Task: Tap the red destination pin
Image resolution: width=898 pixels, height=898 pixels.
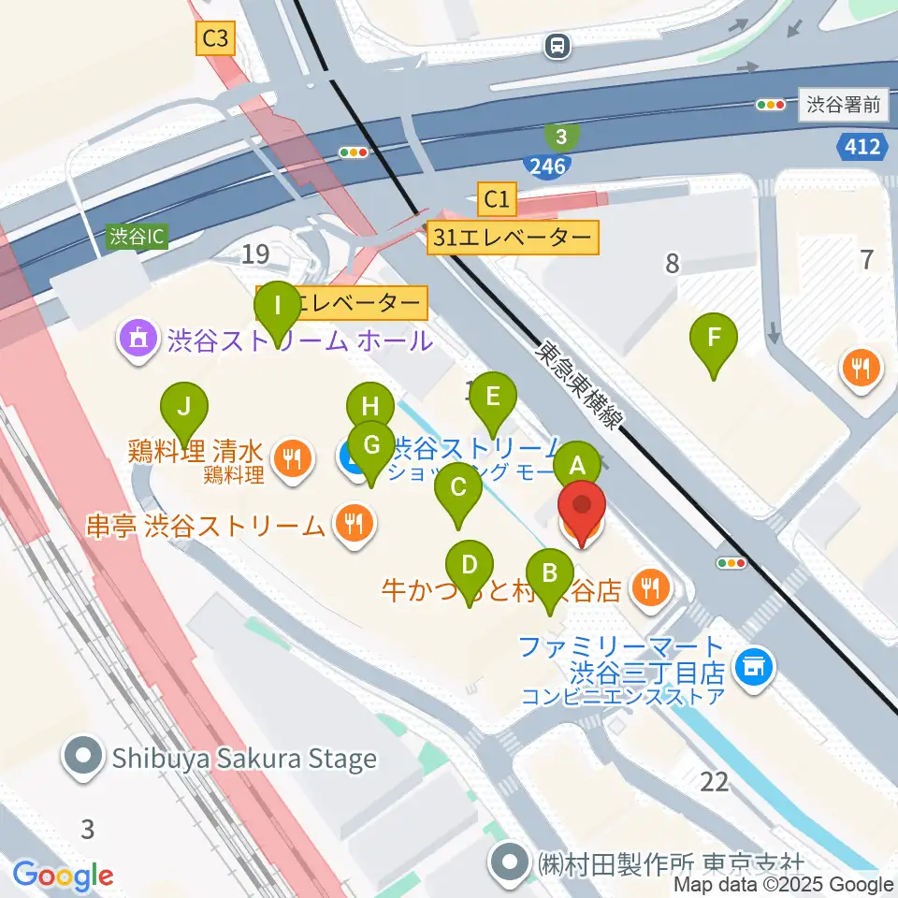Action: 581,511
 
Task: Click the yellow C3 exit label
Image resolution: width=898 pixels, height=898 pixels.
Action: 215,38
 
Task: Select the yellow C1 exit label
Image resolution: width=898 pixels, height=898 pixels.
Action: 497,198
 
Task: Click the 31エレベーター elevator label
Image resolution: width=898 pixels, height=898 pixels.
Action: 513,238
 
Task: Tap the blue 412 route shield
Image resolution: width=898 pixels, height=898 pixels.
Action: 859,146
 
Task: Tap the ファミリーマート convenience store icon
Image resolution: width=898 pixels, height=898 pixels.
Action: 753,668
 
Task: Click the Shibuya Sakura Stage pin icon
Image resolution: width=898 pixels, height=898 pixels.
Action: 83,758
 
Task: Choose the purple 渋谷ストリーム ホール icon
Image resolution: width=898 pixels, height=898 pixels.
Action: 138,339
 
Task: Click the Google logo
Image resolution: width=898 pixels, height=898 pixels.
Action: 63,876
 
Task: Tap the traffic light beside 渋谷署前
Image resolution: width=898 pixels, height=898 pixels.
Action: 772,106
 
